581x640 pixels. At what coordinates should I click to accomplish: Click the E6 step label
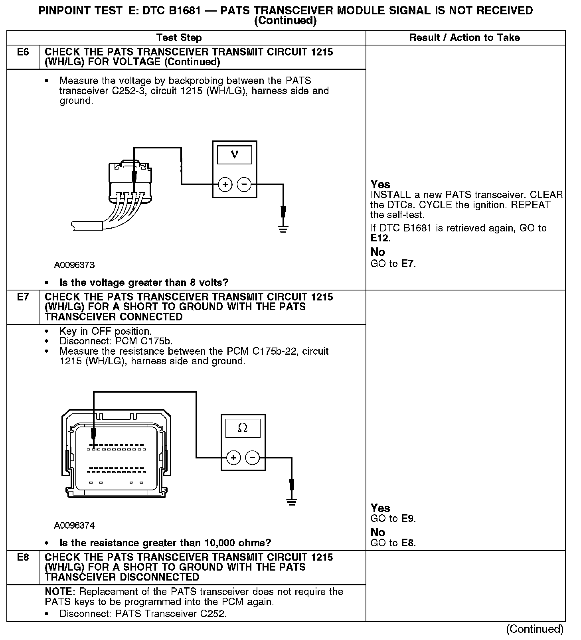point(23,52)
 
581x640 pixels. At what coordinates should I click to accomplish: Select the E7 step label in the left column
point(23,297)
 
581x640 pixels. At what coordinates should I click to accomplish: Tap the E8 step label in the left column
point(23,557)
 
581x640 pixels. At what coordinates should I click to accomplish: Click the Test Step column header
point(179,38)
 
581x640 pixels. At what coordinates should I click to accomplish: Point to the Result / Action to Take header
point(465,38)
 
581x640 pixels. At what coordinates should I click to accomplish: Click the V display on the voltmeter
point(235,155)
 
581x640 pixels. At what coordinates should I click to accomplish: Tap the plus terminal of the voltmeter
point(225,184)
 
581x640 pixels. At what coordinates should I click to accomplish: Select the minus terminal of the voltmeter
point(244,184)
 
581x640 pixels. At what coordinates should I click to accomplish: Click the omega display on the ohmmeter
point(243,428)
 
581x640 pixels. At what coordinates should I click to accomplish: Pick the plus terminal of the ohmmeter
point(233,457)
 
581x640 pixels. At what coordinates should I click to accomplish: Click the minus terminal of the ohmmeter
point(252,457)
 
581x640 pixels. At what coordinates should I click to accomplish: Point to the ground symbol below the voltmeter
point(283,229)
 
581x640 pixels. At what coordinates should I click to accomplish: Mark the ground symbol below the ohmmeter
point(292,502)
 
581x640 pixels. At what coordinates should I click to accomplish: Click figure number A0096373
point(74,265)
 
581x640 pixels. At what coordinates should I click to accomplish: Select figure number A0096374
point(74,525)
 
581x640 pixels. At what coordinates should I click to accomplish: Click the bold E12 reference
point(379,239)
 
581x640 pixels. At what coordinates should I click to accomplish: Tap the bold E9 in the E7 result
point(408,519)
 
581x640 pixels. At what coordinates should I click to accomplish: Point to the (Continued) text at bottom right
point(535,630)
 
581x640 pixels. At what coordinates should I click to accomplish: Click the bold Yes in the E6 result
point(380,184)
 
